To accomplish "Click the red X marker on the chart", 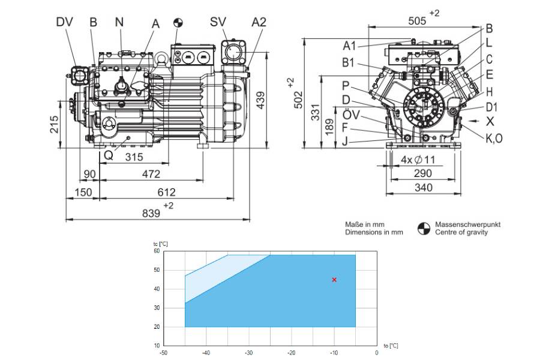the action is tap(334, 280).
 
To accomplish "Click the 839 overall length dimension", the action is tap(151, 213).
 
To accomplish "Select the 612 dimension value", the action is tap(166, 192).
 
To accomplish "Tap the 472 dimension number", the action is tap(151, 174).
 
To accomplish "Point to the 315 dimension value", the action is tap(134, 157).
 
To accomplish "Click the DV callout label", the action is tap(65, 22).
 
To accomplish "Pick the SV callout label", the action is tap(218, 22).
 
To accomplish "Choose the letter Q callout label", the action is tap(109, 155).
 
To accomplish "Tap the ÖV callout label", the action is tap(351, 114).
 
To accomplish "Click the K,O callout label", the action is tap(494, 139).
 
